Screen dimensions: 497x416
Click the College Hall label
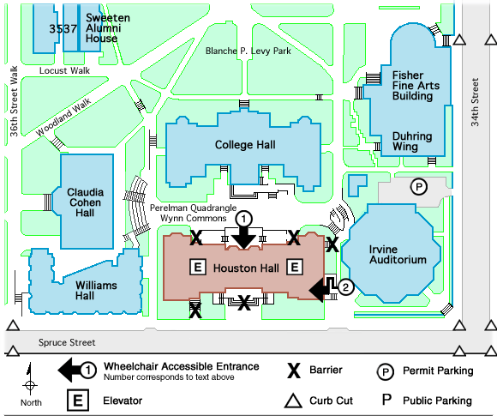point(245,145)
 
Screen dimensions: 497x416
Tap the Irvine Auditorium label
point(398,255)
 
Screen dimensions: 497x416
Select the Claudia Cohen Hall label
point(85,202)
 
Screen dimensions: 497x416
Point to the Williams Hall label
point(96,291)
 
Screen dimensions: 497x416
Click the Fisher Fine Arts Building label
point(416,86)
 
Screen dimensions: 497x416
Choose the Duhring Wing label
point(412,142)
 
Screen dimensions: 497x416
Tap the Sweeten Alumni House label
point(108,28)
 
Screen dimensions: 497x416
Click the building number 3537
point(63,29)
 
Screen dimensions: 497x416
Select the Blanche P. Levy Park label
point(248,51)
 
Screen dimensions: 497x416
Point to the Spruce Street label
point(67,342)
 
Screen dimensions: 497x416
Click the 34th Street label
point(475,102)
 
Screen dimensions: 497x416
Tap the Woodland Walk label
point(63,118)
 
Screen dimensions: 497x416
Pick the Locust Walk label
point(64,70)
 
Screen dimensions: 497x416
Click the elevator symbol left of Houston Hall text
point(198,267)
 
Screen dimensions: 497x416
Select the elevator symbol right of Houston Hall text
point(295,267)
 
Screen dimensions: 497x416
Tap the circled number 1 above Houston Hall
point(243,219)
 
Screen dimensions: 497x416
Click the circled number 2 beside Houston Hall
point(345,286)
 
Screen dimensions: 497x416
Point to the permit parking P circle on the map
point(419,187)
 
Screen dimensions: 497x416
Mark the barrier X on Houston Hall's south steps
point(244,303)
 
